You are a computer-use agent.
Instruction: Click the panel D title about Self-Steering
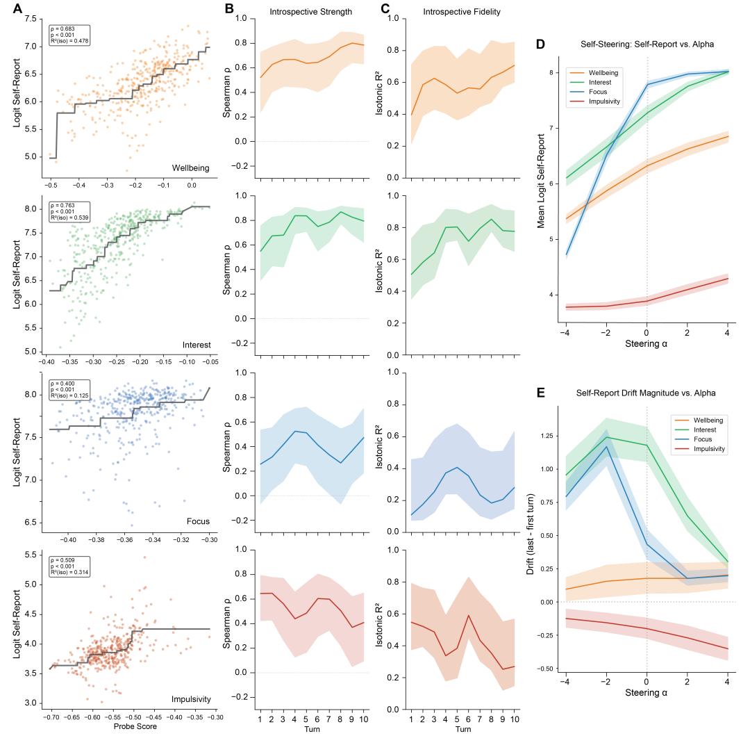pyautogui.click(x=647, y=45)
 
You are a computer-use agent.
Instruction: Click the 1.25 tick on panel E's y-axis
pyautogui.click(x=548, y=436)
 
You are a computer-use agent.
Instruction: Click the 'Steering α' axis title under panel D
pyautogui.click(x=647, y=343)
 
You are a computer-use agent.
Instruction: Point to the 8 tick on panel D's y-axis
pyautogui.click(x=551, y=72)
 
